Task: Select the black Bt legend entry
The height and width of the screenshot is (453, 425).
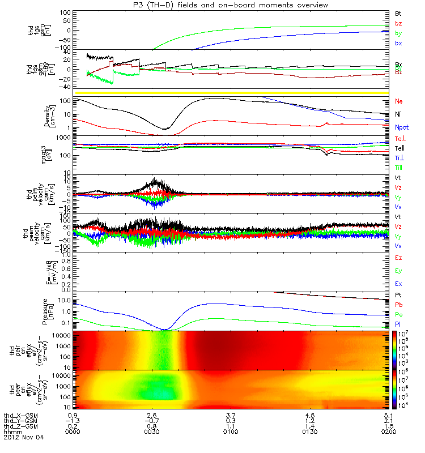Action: [x=398, y=12]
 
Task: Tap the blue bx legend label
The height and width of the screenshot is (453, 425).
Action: [x=398, y=43]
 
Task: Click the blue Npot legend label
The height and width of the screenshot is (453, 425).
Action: [x=402, y=129]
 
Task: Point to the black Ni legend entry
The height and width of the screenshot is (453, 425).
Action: [x=398, y=115]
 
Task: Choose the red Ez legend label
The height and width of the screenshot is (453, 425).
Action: [x=398, y=258]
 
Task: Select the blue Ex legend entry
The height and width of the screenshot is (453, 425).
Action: [x=398, y=283]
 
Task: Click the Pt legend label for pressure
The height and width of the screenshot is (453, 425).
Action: [x=398, y=296]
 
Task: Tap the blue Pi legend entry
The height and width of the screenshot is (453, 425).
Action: [x=398, y=323]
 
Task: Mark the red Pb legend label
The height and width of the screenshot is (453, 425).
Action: [x=398, y=305]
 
